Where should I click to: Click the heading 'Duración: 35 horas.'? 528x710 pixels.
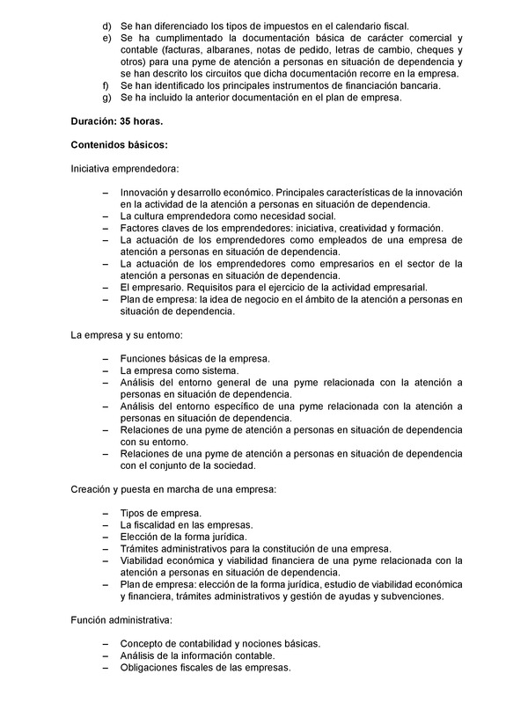tap(116, 119)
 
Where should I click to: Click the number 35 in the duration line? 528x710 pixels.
tap(127, 119)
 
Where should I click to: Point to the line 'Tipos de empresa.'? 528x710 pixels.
tap(161, 512)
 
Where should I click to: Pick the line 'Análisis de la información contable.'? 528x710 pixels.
tap(197, 655)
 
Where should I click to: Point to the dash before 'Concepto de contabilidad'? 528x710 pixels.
tap(106, 643)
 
